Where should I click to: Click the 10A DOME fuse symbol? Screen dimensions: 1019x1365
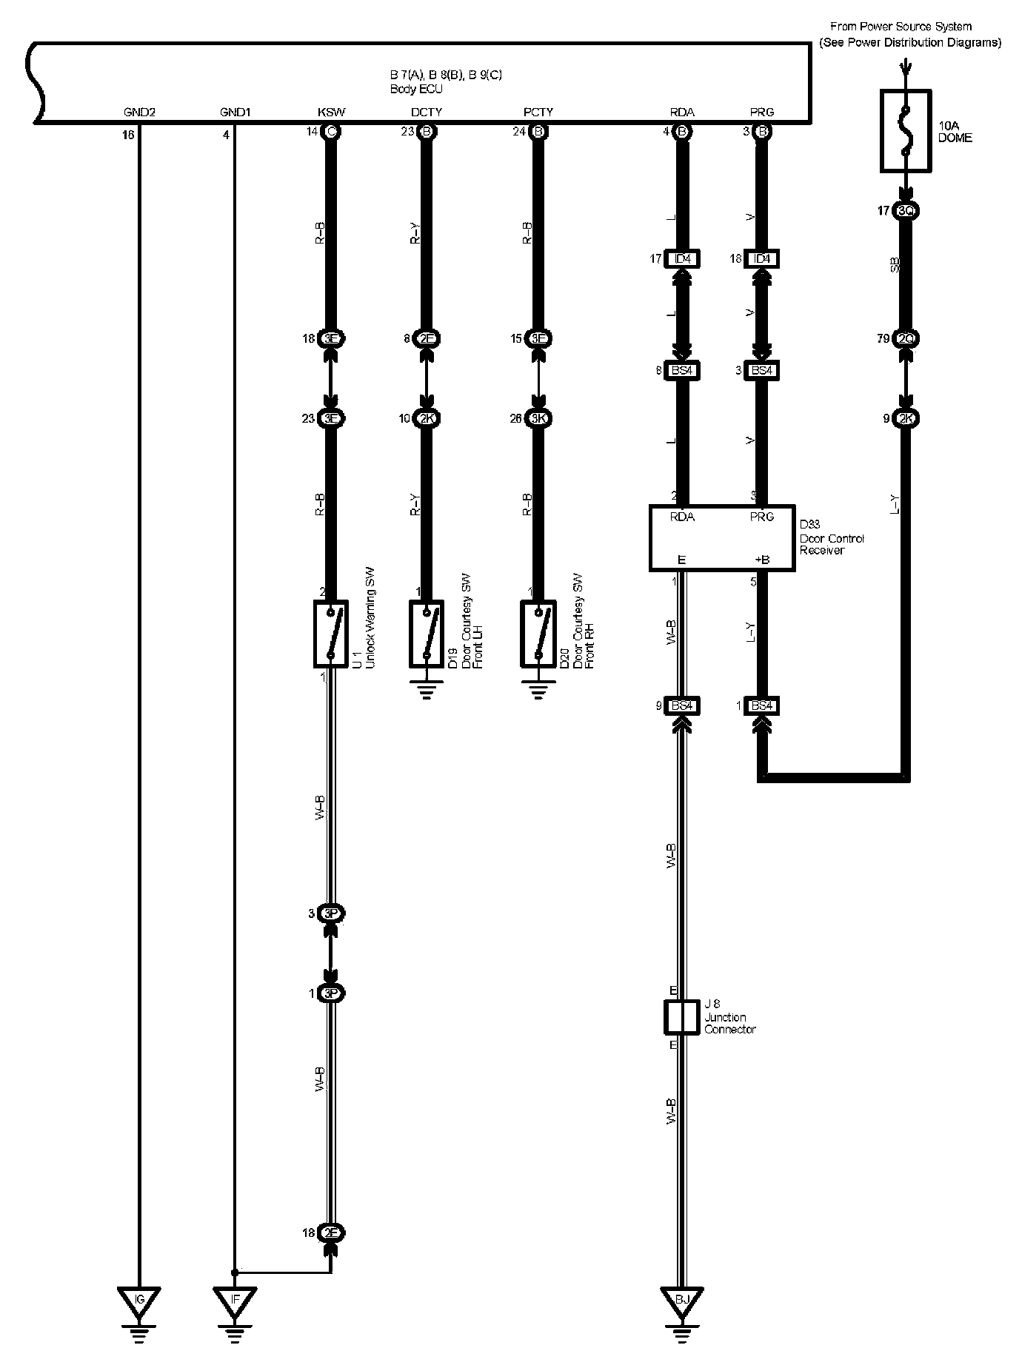click(904, 131)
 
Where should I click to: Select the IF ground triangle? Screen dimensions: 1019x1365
click(235, 1298)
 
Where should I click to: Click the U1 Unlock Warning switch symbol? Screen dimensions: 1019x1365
click(331, 634)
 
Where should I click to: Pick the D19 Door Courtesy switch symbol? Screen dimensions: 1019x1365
click(426, 634)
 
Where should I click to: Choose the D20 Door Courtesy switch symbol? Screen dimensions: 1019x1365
click(538, 634)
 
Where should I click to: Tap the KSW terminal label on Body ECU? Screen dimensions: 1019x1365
click(331, 113)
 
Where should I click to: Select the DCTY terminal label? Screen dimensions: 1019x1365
click(426, 113)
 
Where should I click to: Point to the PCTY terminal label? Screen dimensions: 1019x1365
click(538, 113)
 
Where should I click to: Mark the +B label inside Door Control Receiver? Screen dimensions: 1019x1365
click(761, 560)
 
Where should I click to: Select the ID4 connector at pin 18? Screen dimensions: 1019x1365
click(761, 259)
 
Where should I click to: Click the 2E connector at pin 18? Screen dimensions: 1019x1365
click(331, 1232)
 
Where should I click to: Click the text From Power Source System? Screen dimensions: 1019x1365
click(901, 27)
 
